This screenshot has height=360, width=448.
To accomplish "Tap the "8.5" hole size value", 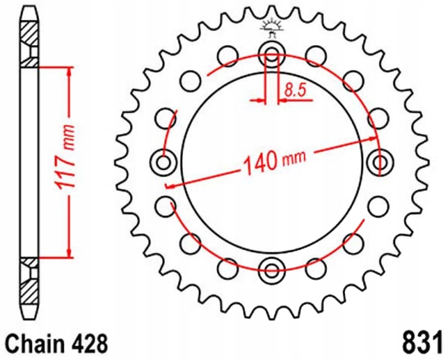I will tap(295, 89).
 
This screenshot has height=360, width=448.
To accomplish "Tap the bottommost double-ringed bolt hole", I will tap(272, 270).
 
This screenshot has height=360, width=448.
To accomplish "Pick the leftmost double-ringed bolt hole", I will tap(164, 162).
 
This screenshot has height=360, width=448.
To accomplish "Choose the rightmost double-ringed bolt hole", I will tap(380, 162).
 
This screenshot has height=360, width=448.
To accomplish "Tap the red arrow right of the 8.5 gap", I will tap(283, 101).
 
